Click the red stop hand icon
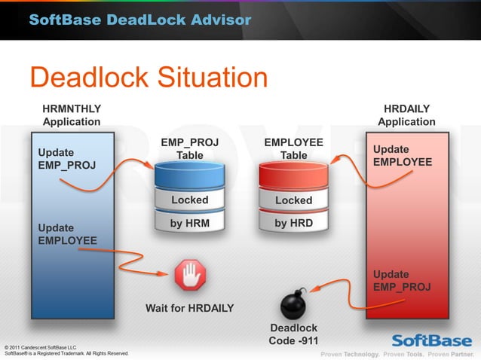[190, 276]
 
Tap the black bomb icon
[293, 304]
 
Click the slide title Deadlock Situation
[149, 78]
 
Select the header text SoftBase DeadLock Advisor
[139, 20]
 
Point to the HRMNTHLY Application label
[72, 115]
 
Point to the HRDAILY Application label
[406, 115]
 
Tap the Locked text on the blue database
[190, 200]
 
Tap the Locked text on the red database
[293, 200]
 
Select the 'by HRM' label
[190, 224]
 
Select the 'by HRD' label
[293, 224]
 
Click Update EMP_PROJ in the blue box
[66, 159]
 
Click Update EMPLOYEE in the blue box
[68, 234]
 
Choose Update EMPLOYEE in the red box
[403, 156]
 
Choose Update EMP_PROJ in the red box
[402, 281]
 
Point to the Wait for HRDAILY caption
[189, 308]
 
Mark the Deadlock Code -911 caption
[293, 334]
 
